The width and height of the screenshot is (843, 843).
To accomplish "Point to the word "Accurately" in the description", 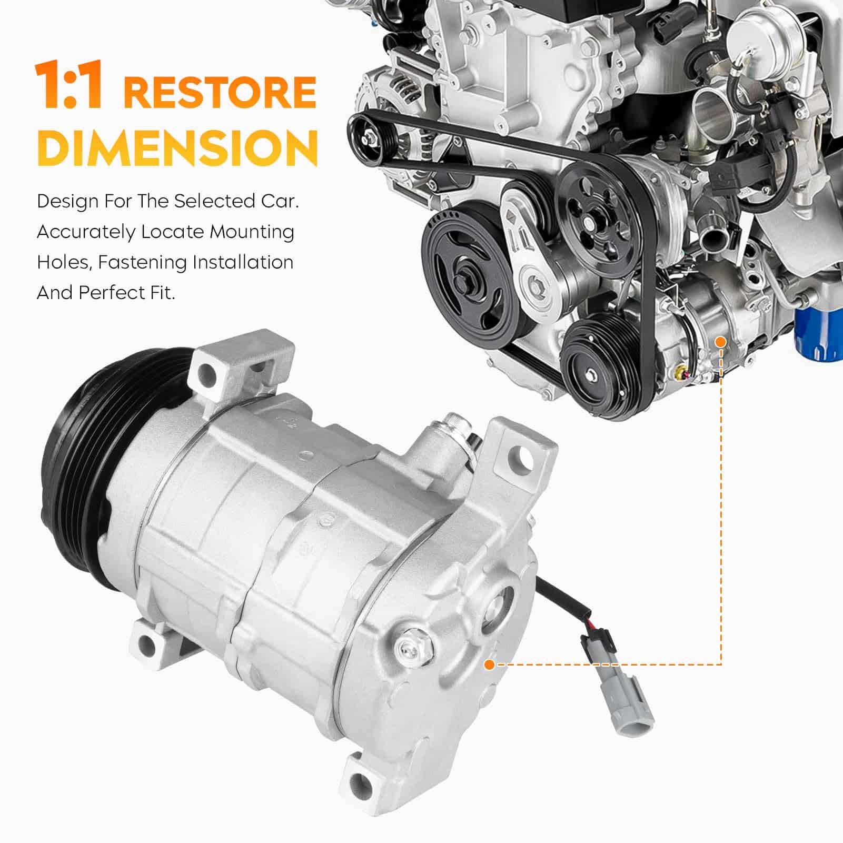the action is pyautogui.click(x=85, y=232).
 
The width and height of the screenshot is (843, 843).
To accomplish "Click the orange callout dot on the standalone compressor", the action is pyautogui.click(x=489, y=665).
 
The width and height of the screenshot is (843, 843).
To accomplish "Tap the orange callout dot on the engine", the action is pyautogui.click(x=721, y=342).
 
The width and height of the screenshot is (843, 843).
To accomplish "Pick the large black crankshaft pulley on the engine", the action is pyautogui.click(x=469, y=274).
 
